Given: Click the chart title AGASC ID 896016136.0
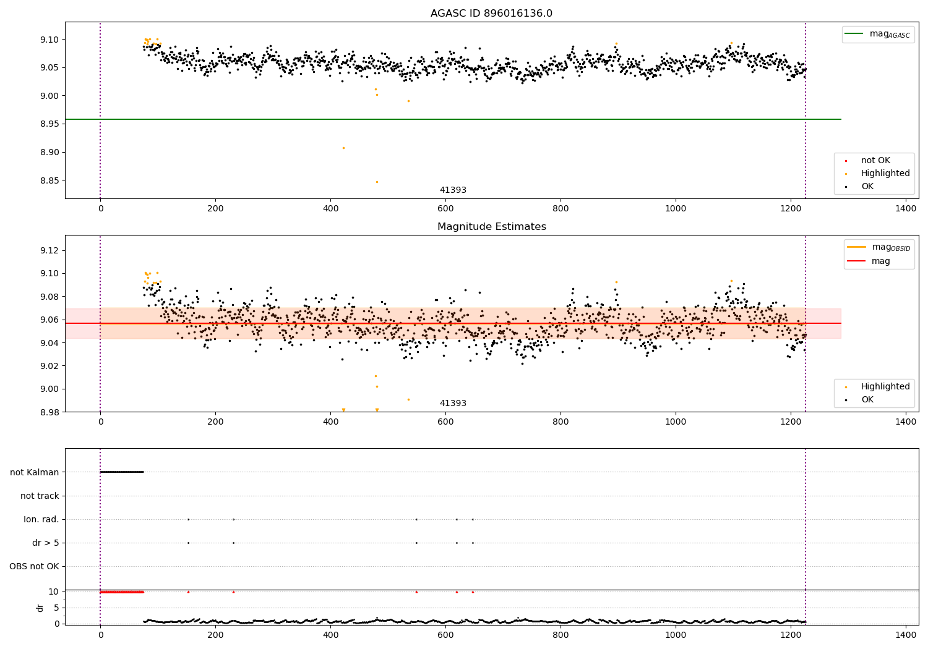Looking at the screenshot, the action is tap(491, 13).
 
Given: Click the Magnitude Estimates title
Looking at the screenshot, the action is tap(492, 226).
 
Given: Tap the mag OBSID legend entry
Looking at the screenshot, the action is tap(879, 247).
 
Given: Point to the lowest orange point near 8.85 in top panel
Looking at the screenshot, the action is tap(377, 182).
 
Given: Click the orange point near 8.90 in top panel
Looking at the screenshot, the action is tap(343, 148).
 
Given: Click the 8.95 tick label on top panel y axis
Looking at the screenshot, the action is tap(49, 124).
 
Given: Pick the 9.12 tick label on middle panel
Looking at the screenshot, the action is tap(49, 250).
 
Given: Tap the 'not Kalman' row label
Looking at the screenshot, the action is tap(35, 472).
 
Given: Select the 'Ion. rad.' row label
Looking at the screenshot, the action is tap(41, 519).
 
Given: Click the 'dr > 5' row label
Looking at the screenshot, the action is tap(46, 543).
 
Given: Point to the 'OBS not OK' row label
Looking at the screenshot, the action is tap(34, 566).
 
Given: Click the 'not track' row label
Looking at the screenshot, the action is tap(40, 496).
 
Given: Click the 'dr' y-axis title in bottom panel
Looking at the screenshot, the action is tap(40, 608).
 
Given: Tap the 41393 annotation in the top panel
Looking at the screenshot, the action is tap(453, 190).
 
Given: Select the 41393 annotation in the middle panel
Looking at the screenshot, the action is tap(453, 403).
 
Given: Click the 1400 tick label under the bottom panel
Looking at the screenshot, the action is tap(906, 635).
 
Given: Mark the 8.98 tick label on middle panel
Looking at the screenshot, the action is tap(49, 412).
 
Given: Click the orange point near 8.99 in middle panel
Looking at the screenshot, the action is tap(408, 400).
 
